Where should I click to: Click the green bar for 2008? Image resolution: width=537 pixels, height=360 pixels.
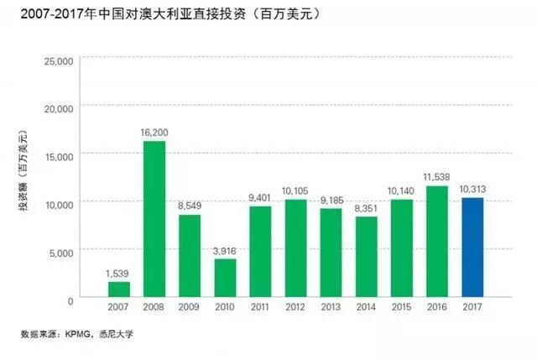(154, 220)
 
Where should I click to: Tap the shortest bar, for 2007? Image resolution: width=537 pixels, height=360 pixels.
(119, 290)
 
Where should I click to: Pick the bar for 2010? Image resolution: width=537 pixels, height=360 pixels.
(226, 279)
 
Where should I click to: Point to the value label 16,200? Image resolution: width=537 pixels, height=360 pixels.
(154, 133)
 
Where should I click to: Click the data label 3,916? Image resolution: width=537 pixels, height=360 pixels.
(226, 250)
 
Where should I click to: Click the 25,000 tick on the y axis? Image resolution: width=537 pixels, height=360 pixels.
(58, 61)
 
